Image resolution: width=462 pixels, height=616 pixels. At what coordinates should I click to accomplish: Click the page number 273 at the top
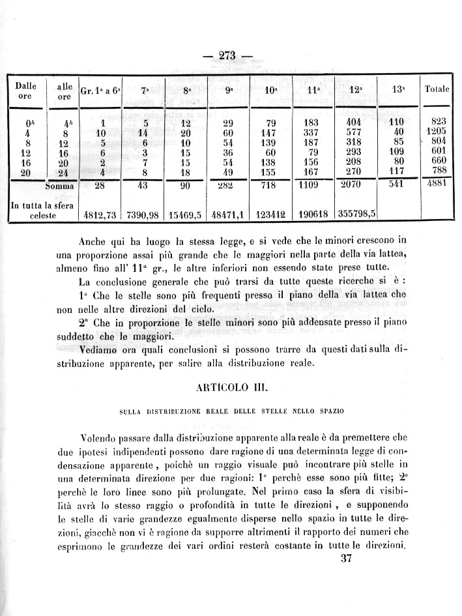227,55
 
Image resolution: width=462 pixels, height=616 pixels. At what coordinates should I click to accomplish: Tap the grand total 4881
436,184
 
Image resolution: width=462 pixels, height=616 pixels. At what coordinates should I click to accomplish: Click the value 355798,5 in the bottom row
356,213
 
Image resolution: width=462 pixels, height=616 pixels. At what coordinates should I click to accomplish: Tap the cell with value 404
355,121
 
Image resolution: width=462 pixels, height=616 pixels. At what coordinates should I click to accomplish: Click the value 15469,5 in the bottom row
186,213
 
